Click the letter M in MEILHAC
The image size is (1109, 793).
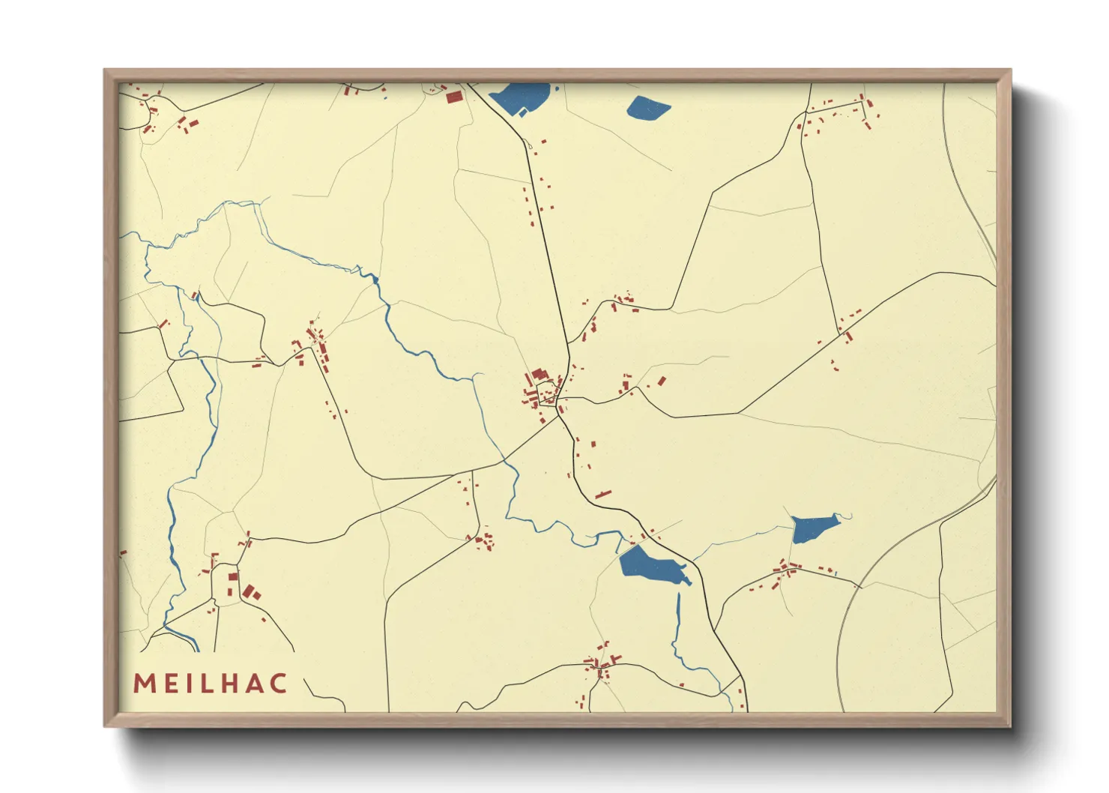[x=144, y=684]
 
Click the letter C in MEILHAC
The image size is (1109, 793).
[x=278, y=684]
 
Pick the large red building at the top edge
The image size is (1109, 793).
[x=453, y=97]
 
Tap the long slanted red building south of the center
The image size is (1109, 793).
[x=603, y=494]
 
